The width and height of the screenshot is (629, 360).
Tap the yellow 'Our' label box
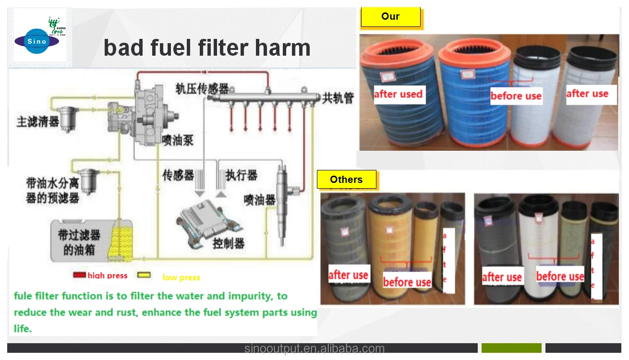point(390,17)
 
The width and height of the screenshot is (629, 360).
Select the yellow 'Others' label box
point(346,180)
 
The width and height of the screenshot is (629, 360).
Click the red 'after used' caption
point(398,94)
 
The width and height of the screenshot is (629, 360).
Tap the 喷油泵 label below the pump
point(178,140)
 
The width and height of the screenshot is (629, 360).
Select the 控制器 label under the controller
point(229,243)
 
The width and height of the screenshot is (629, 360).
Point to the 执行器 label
point(242,175)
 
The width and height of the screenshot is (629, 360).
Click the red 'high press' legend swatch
point(79,275)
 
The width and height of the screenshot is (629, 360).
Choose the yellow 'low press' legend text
point(181,277)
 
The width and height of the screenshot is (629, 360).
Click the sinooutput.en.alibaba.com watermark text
point(314,349)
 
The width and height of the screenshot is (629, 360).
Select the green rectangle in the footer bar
point(511,348)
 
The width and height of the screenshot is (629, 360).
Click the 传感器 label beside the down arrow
point(178,175)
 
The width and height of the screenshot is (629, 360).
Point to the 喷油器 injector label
point(259,200)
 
